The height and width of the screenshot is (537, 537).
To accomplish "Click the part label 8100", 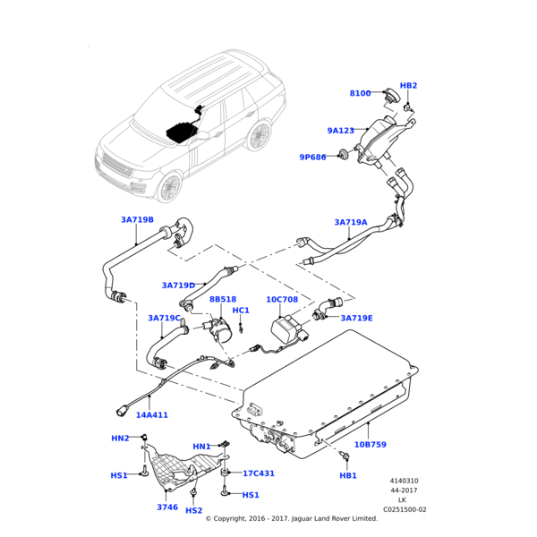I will [360, 93].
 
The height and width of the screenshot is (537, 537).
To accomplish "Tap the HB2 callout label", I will [408, 86].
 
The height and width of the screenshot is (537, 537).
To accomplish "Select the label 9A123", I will [341, 131].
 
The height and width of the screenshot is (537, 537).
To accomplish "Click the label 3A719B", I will [137, 219].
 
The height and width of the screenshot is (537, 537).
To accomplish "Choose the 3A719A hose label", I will [351, 222].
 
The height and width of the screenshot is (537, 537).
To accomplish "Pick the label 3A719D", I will [178, 286].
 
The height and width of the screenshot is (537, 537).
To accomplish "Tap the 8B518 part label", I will [223, 300].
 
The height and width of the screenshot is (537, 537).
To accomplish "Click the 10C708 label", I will [282, 300].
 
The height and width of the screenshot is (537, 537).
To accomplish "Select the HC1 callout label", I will [241, 311].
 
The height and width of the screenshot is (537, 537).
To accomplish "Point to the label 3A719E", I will [356, 318].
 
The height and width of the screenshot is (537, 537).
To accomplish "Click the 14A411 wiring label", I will [152, 415].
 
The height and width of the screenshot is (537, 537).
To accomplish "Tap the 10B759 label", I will [371, 444].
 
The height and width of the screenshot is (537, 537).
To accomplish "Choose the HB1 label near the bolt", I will [348, 475].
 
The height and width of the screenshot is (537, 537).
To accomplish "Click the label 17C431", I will [259, 473].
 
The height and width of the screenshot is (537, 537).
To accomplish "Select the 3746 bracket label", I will [167, 507].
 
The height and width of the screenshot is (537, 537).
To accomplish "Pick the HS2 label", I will [193, 510].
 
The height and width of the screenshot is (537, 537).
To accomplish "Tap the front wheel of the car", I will [169, 187].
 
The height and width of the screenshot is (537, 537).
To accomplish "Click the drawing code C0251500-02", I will [405, 509].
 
